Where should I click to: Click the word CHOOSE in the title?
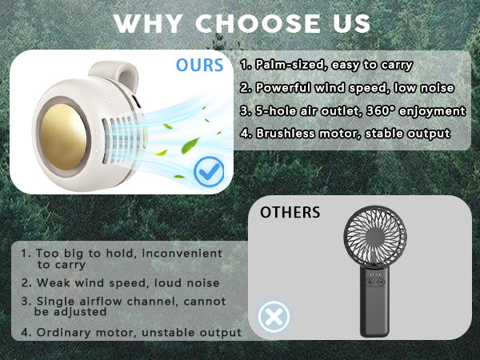[257, 23]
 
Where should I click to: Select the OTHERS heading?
[290, 213]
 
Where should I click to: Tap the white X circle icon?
[273, 317]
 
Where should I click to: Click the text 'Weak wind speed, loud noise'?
[120, 282]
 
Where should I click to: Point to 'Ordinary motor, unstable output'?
[131, 332]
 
